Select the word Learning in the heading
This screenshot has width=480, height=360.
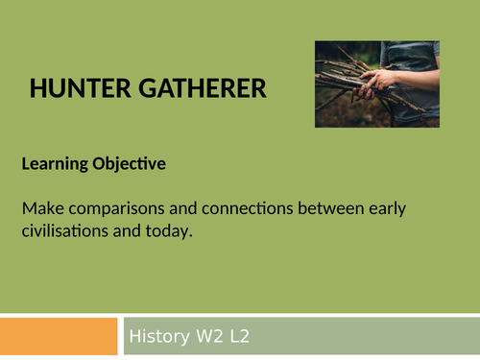(51, 165)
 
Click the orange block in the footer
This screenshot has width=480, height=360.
(59, 336)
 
